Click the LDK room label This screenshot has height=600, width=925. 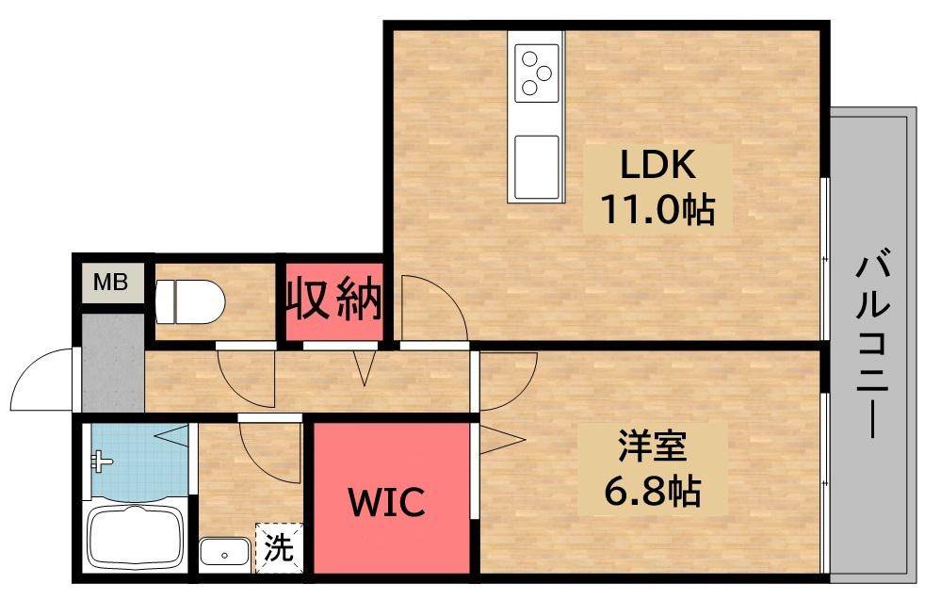pyautogui.click(x=657, y=166)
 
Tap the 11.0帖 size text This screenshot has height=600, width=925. pyautogui.click(x=657, y=209)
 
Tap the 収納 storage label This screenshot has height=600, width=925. pyautogui.click(x=334, y=300)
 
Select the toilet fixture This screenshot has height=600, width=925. pyautogui.click(x=190, y=302)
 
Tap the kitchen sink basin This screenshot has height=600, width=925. pyautogui.click(x=536, y=166)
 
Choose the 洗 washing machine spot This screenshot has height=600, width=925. pyautogui.click(x=277, y=548)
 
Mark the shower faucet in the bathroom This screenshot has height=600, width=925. pyautogui.click(x=99, y=462)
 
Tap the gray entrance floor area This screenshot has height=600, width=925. pyautogui.click(x=111, y=363)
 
